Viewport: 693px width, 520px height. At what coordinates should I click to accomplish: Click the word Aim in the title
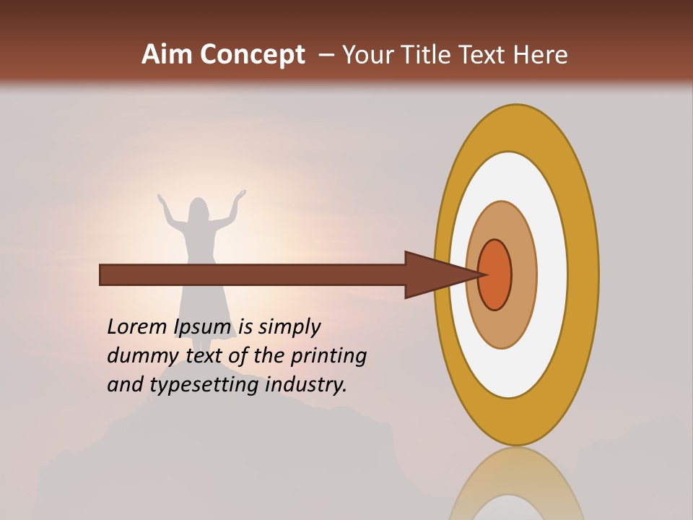point(167,55)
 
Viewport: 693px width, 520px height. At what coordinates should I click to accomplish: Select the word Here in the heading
point(539,55)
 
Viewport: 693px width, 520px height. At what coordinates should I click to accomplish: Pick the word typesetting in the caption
point(206,386)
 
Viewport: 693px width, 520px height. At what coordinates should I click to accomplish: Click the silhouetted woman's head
point(199,209)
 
